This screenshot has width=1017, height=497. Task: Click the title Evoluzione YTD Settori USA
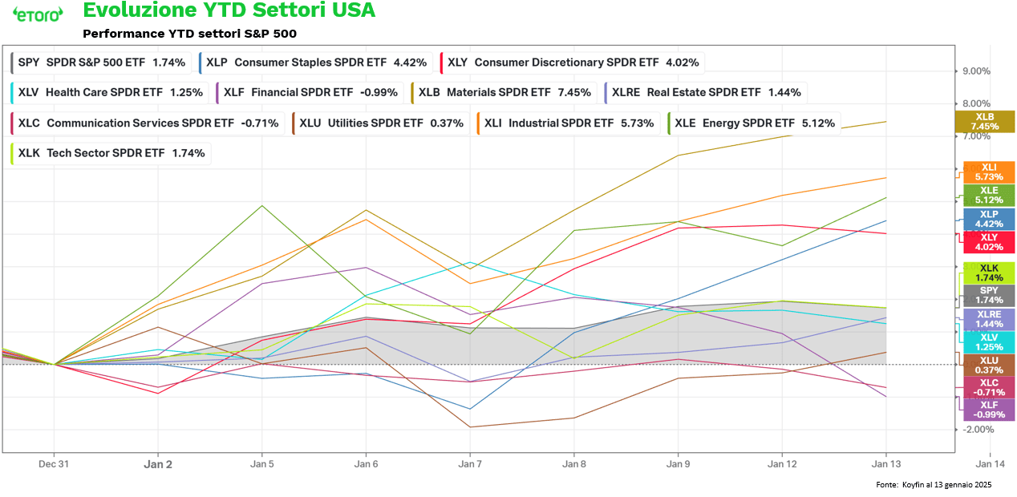click(229, 10)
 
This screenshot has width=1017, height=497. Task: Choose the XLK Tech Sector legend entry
click(111, 153)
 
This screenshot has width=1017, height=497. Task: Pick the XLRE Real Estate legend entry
click(705, 92)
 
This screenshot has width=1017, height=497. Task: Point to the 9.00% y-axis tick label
click(977, 71)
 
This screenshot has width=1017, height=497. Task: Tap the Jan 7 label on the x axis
click(470, 463)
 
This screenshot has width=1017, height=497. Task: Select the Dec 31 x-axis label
click(54, 463)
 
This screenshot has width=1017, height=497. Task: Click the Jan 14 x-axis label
click(989, 463)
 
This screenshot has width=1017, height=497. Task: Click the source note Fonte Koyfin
click(934, 485)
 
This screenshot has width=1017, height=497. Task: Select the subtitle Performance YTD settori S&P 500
click(189, 34)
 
